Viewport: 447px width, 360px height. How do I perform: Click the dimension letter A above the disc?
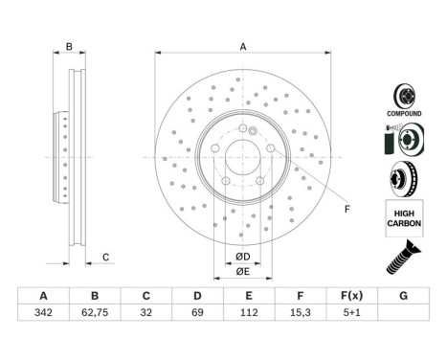click(243, 47)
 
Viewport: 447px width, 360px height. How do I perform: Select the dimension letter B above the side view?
click(68, 47)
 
